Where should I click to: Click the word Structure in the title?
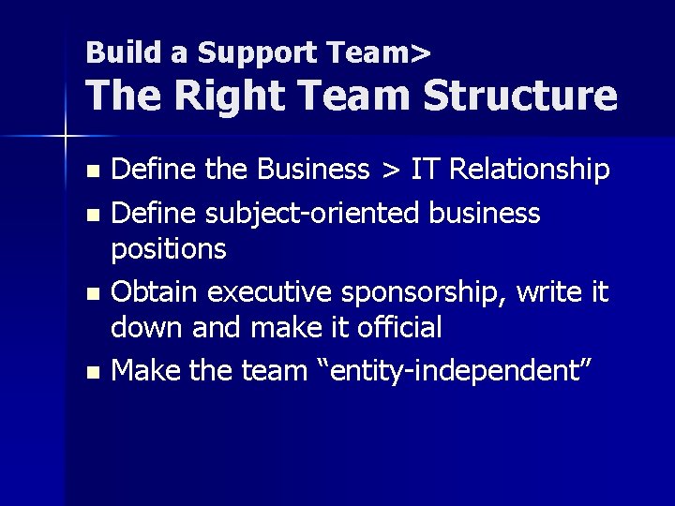520,97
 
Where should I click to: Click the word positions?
169,250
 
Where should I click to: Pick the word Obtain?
156,292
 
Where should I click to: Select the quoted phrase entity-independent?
472,372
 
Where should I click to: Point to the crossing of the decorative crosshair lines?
65,138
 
